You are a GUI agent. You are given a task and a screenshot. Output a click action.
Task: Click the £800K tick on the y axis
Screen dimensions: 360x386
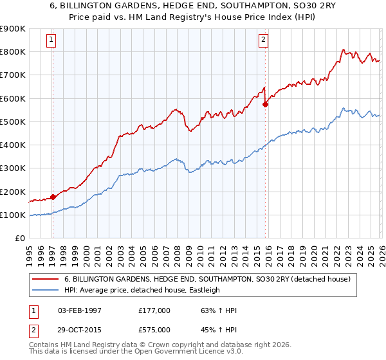click(x=13, y=51)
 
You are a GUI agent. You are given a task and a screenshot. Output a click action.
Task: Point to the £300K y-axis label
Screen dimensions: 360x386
click(x=13, y=168)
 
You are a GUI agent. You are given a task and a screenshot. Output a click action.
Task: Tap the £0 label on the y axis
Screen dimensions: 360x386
click(x=19, y=239)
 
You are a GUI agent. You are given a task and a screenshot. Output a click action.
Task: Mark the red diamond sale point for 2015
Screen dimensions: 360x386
click(x=265, y=104)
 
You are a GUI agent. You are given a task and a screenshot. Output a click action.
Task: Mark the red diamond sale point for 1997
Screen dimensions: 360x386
click(x=53, y=197)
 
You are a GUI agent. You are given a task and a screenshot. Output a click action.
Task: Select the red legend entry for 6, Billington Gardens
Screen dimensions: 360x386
click(x=207, y=279)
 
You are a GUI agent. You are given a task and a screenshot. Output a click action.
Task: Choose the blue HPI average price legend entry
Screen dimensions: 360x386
click(x=142, y=290)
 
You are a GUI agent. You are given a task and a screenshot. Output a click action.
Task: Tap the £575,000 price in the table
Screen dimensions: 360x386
click(x=154, y=329)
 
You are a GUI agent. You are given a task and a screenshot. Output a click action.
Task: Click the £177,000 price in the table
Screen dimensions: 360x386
click(x=154, y=310)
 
